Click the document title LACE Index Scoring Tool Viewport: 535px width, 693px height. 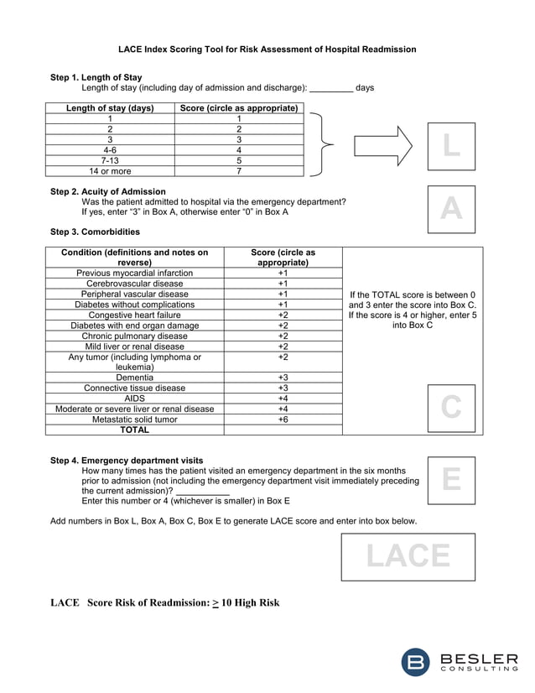pos(267,49)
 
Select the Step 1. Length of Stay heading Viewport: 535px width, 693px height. pos(96,77)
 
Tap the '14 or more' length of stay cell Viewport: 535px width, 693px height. pos(110,171)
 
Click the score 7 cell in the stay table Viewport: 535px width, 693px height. pos(239,171)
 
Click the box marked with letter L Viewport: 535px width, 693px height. pos(451,146)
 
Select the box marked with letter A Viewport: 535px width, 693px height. pos(451,209)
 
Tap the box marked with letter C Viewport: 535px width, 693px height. pos(451,408)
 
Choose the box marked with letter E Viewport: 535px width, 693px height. pos(451,480)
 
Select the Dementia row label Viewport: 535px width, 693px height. pos(134,378)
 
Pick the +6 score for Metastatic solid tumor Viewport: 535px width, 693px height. pos(283,419)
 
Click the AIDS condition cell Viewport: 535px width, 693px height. pos(134,399)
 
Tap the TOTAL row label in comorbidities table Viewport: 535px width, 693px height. pos(134,430)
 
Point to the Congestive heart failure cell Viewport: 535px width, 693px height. pos(134,315)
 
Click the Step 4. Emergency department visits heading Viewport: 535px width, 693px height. pos(127,460)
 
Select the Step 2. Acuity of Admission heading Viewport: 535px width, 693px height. pos(108,191)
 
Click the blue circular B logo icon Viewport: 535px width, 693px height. pos(417,662)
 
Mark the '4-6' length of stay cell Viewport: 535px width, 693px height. pos(110,150)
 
